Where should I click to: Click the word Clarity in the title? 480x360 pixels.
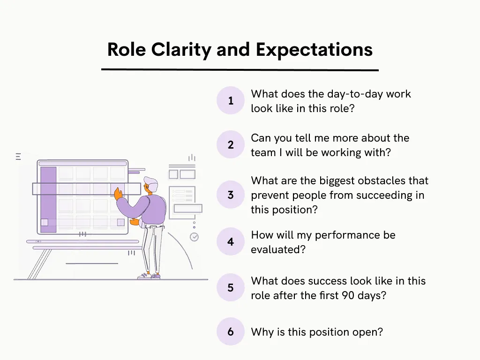(x=178, y=50)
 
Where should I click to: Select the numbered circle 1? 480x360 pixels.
(x=231, y=101)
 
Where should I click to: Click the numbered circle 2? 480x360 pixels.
(x=231, y=145)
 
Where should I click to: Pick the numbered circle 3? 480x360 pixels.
(x=231, y=195)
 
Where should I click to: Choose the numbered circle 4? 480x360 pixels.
(x=231, y=242)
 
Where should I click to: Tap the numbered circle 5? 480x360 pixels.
(x=231, y=288)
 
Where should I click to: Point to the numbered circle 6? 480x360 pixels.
(x=231, y=332)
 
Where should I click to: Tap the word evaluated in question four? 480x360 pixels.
(x=278, y=249)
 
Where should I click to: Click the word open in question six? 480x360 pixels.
(x=369, y=332)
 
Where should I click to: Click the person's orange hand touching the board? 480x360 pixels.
(x=118, y=192)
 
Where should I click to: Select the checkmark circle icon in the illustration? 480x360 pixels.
(x=194, y=237)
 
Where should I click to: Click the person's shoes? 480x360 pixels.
(x=149, y=276)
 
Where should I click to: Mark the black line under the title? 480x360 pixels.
(x=240, y=70)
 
